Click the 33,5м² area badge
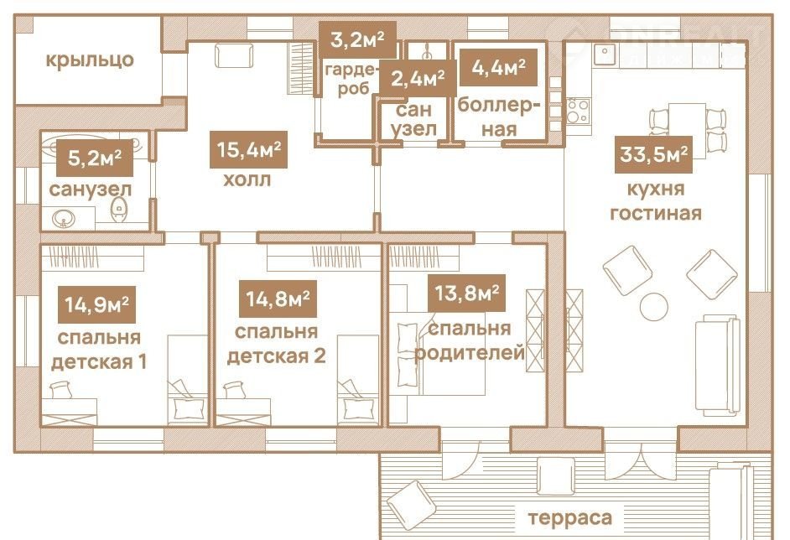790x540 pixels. pyautogui.click(x=653, y=154)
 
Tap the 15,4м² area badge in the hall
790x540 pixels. pyautogui.click(x=248, y=149)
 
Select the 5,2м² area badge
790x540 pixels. pyautogui.click(x=95, y=158)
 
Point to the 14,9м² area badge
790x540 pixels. pyautogui.click(x=96, y=304)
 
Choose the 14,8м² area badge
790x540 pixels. pyautogui.click(x=278, y=299)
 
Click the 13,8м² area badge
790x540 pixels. pyautogui.click(x=466, y=293)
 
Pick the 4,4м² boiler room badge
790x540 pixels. pyautogui.click(x=498, y=67)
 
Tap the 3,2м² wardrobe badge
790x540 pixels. pyautogui.click(x=357, y=39)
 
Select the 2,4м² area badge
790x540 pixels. pyautogui.click(x=418, y=79)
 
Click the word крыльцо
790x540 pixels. pyautogui.click(x=90, y=60)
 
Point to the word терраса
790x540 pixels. pyautogui.click(x=569, y=518)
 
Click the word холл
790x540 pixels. pyautogui.click(x=247, y=179)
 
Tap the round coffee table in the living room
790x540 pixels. pyautogui.click(x=654, y=306)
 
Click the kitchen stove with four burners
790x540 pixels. pyautogui.click(x=578, y=112)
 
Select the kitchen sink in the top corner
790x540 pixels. pyautogui.click(x=605, y=55)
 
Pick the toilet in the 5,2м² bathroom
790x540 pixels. pyautogui.click(x=118, y=210)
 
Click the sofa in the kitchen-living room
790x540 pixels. pyautogui.click(x=717, y=364)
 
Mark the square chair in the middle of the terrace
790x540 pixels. pyautogui.click(x=555, y=476)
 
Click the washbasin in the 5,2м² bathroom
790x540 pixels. pyautogui.click(x=64, y=219)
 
